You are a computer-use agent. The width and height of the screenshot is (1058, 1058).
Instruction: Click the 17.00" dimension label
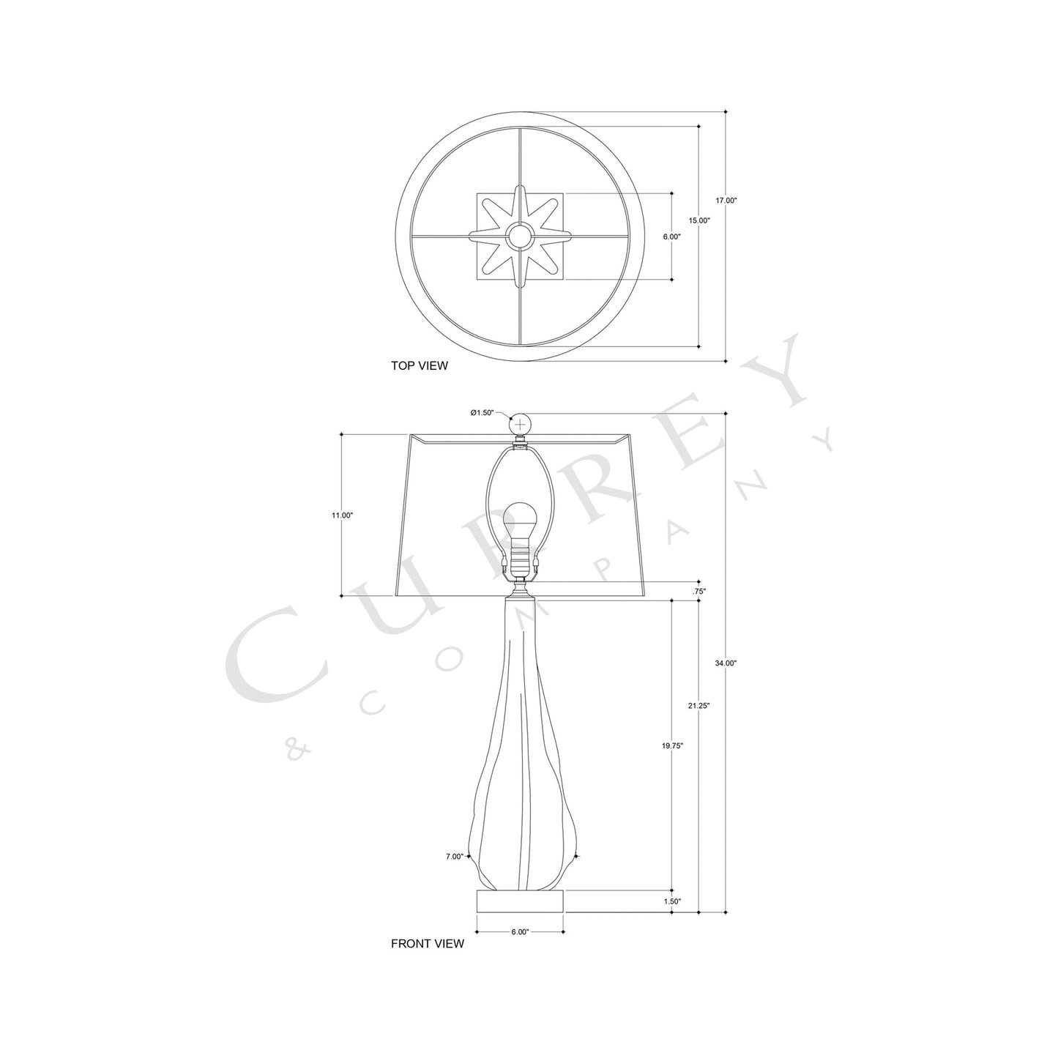(726, 200)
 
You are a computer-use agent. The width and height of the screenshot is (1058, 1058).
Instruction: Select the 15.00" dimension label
(699, 220)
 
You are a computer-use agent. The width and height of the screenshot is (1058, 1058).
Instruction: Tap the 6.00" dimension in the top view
(671, 237)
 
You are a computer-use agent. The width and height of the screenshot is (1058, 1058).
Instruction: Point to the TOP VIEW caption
(419, 365)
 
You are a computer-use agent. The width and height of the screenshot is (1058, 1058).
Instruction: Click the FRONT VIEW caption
(427, 944)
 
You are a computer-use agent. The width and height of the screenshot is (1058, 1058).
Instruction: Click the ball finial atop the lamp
(521, 424)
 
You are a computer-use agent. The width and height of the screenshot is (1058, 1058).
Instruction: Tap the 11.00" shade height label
(342, 515)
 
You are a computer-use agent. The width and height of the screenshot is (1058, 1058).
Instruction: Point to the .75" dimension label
(699, 590)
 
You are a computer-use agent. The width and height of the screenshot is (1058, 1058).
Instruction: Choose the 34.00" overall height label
(726, 663)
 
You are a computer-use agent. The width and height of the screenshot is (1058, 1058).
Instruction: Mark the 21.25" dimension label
(699, 706)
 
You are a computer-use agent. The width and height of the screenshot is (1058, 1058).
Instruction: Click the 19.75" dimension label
(672, 745)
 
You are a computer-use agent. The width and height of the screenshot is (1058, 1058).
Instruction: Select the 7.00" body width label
(454, 856)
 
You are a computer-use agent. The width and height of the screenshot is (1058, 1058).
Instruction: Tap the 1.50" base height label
(672, 901)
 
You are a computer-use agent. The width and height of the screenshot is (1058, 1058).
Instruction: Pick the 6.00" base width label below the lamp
(520, 932)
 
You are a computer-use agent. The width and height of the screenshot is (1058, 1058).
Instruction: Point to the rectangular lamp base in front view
(520, 901)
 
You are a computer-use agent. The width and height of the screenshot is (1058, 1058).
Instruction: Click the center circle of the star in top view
(520, 236)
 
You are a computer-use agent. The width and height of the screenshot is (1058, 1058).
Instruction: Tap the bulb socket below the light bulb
(520, 560)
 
